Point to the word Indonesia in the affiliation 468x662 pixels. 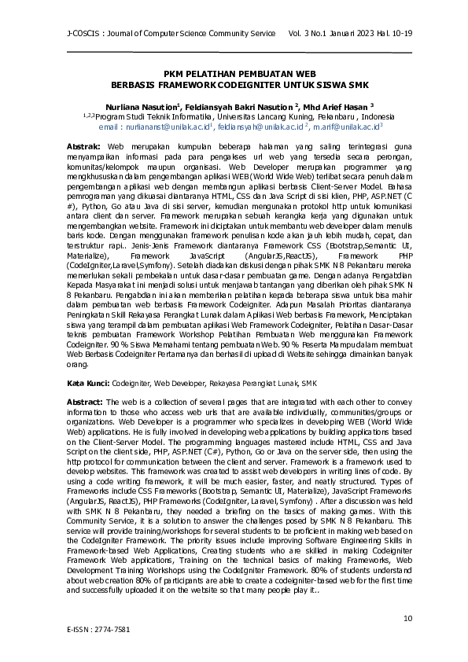360,116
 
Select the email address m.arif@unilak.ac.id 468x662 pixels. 336,126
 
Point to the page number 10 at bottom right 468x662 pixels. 407,620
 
